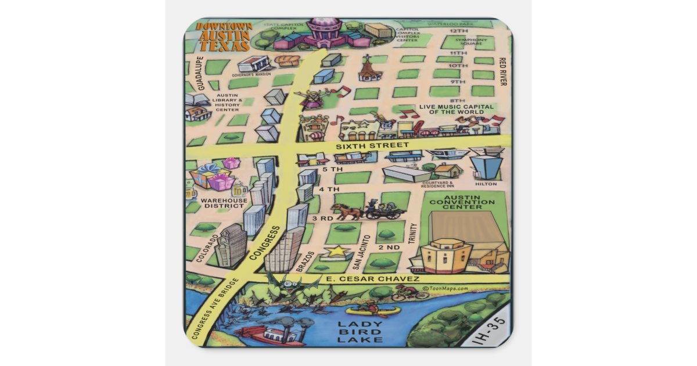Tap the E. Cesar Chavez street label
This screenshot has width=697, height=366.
(372, 279)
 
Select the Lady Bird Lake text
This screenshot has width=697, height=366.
(361, 332)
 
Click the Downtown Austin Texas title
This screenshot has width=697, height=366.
(224, 36)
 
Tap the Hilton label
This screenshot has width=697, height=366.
(486, 184)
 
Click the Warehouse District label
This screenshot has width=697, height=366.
(223, 203)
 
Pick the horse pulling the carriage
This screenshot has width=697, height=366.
(347, 212)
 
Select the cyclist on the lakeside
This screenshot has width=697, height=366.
(409, 292)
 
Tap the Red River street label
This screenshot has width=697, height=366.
(504, 72)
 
